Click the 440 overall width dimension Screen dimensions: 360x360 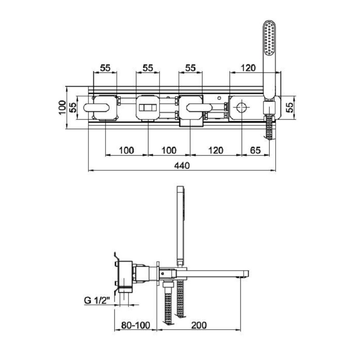[x=181, y=166]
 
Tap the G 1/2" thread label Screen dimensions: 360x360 [x=97, y=300]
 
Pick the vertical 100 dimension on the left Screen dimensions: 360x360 [x=63, y=108]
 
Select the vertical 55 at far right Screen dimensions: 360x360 [x=291, y=108]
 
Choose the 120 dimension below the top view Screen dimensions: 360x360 [x=216, y=150]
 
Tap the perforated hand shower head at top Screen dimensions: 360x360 [x=270, y=38]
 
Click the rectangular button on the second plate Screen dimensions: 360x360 [x=147, y=108]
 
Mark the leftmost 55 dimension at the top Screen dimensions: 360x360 [x=105, y=68]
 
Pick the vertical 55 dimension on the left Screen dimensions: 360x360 [x=73, y=108]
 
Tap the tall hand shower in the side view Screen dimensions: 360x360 [x=181, y=225]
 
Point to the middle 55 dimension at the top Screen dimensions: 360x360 [x=148, y=68]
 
